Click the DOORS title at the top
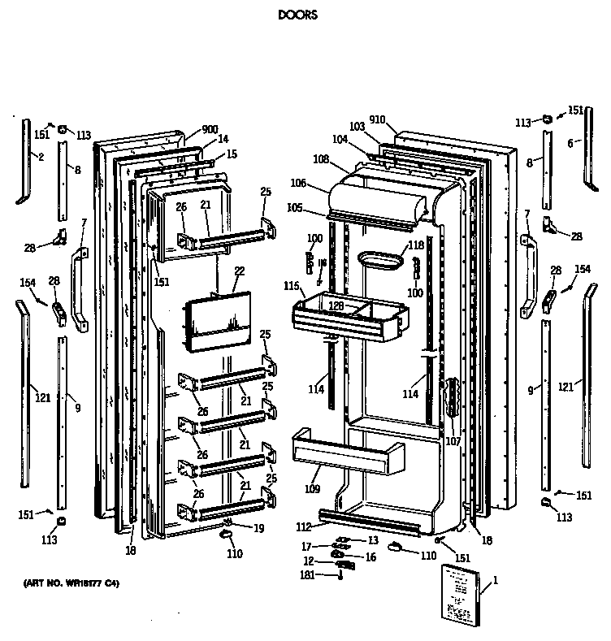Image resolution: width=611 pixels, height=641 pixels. (x=297, y=15)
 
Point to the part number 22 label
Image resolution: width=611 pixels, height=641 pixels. (x=238, y=271)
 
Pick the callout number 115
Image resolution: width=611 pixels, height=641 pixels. (x=292, y=287)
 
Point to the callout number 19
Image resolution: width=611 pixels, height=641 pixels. (x=258, y=528)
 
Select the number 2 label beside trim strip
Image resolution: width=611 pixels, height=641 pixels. (x=41, y=157)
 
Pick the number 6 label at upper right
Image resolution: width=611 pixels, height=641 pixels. (x=570, y=143)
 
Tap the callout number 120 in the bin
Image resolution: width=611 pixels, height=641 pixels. (x=335, y=306)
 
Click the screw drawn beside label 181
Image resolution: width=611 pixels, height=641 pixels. (x=340, y=576)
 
